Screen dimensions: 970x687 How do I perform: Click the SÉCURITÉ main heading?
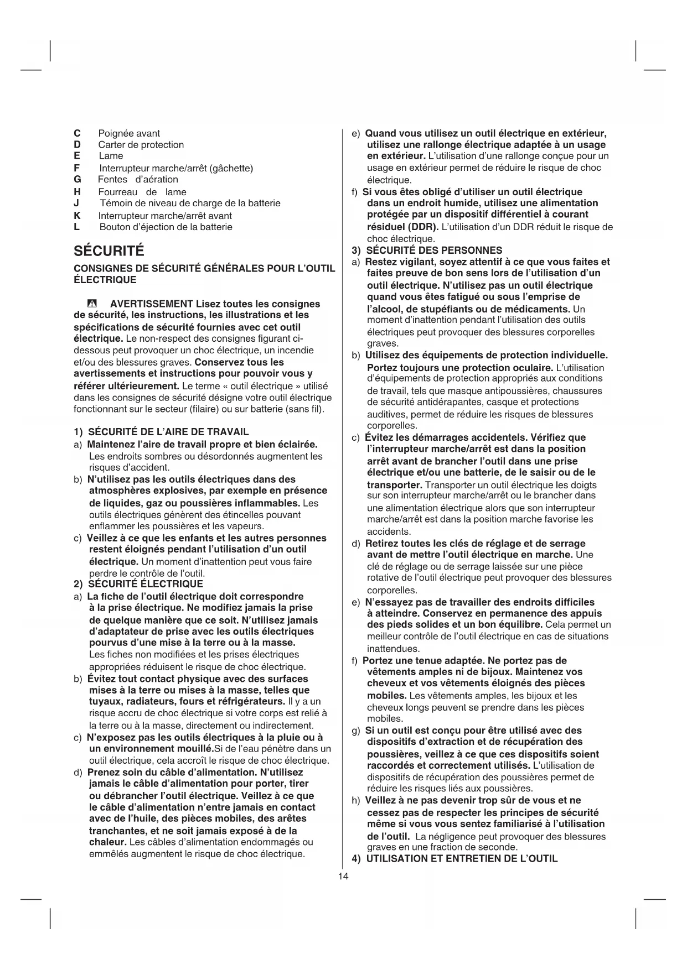tap(109, 251)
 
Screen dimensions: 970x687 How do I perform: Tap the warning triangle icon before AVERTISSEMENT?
tap(92, 304)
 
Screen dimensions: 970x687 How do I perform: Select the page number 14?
tap(343, 876)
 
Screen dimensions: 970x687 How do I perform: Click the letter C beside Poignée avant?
tap(77, 133)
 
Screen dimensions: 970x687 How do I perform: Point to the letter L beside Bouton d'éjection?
tap(76, 227)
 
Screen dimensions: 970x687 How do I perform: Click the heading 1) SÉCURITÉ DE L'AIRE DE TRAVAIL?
tap(161, 432)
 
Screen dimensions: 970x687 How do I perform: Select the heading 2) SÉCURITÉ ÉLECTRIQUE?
tap(138, 584)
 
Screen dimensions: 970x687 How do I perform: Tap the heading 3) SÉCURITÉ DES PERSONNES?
tap(427, 250)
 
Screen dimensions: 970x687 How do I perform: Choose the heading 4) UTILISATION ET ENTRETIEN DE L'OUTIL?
tap(454, 858)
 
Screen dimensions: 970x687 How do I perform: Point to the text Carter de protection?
tap(141, 145)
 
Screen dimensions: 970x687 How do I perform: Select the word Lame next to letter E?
tap(111, 156)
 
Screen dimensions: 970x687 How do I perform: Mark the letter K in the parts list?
tap(77, 216)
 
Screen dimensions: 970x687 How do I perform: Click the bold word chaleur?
tap(108, 842)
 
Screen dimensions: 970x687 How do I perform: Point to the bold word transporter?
tap(395, 484)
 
